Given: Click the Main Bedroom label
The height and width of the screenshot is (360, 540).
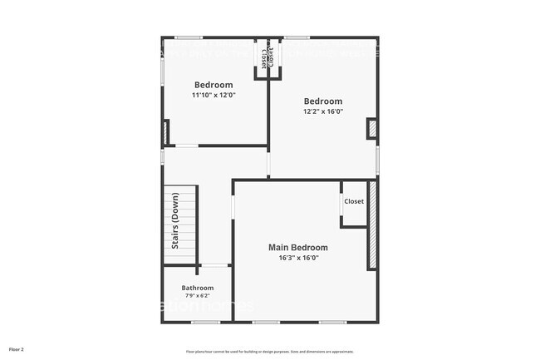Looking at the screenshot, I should click(297, 248).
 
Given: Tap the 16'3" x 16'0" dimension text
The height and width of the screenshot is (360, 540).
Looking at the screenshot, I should click(297, 258).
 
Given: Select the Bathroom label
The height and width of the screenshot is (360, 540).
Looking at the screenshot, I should click(198, 288).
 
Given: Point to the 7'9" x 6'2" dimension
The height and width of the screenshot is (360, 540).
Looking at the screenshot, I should click(198, 296).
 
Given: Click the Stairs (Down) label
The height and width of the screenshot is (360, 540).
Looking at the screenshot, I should click(175, 221).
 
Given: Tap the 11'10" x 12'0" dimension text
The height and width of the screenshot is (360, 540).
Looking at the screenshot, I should click(214, 95).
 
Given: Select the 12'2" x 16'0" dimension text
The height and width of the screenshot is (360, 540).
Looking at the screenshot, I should click(323, 111).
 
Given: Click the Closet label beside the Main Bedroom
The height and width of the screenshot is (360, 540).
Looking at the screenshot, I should click(354, 201).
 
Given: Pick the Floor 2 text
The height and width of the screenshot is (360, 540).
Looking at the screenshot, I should click(17, 349).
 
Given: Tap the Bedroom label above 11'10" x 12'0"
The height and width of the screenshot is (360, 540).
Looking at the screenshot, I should click(214, 85).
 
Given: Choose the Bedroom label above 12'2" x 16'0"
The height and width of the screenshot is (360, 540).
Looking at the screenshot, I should click(323, 101).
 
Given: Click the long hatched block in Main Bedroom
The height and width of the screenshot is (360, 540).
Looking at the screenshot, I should click(373, 224).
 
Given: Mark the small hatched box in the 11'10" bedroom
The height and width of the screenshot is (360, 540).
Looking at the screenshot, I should click(166, 132).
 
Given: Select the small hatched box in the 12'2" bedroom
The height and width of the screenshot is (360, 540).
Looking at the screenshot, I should click(372, 128).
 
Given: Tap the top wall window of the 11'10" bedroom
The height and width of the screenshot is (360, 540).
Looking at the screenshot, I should click(188, 37).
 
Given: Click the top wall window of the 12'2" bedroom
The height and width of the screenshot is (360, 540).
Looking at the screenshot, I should click(297, 37).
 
